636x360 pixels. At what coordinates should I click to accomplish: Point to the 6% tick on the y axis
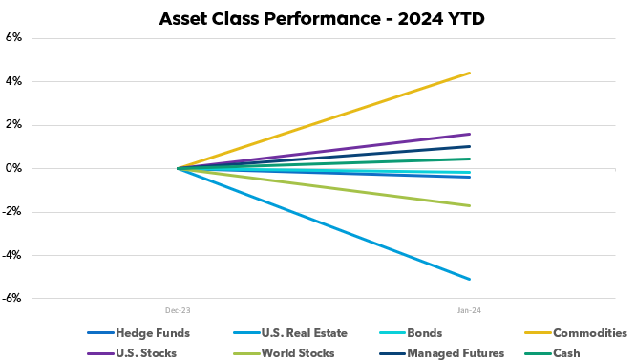click(13, 38)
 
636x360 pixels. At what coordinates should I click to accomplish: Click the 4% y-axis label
click(13, 81)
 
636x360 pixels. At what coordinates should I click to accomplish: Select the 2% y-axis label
click(13, 125)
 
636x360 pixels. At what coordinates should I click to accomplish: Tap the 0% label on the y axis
click(13, 168)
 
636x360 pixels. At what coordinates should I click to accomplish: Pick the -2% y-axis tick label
click(11, 212)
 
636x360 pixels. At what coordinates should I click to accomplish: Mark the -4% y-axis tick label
click(11, 255)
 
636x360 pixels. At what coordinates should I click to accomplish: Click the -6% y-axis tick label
click(11, 299)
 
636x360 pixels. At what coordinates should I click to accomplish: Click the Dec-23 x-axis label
click(178, 310)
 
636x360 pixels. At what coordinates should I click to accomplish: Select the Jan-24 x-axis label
click(469, 310)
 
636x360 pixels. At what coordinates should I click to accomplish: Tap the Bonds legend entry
click(426, 333)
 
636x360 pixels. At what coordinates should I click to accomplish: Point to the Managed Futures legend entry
click(456, 353)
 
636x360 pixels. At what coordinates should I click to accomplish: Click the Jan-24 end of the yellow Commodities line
click(469, 73)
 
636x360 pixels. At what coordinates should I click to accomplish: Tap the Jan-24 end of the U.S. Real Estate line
click(469, 279)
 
